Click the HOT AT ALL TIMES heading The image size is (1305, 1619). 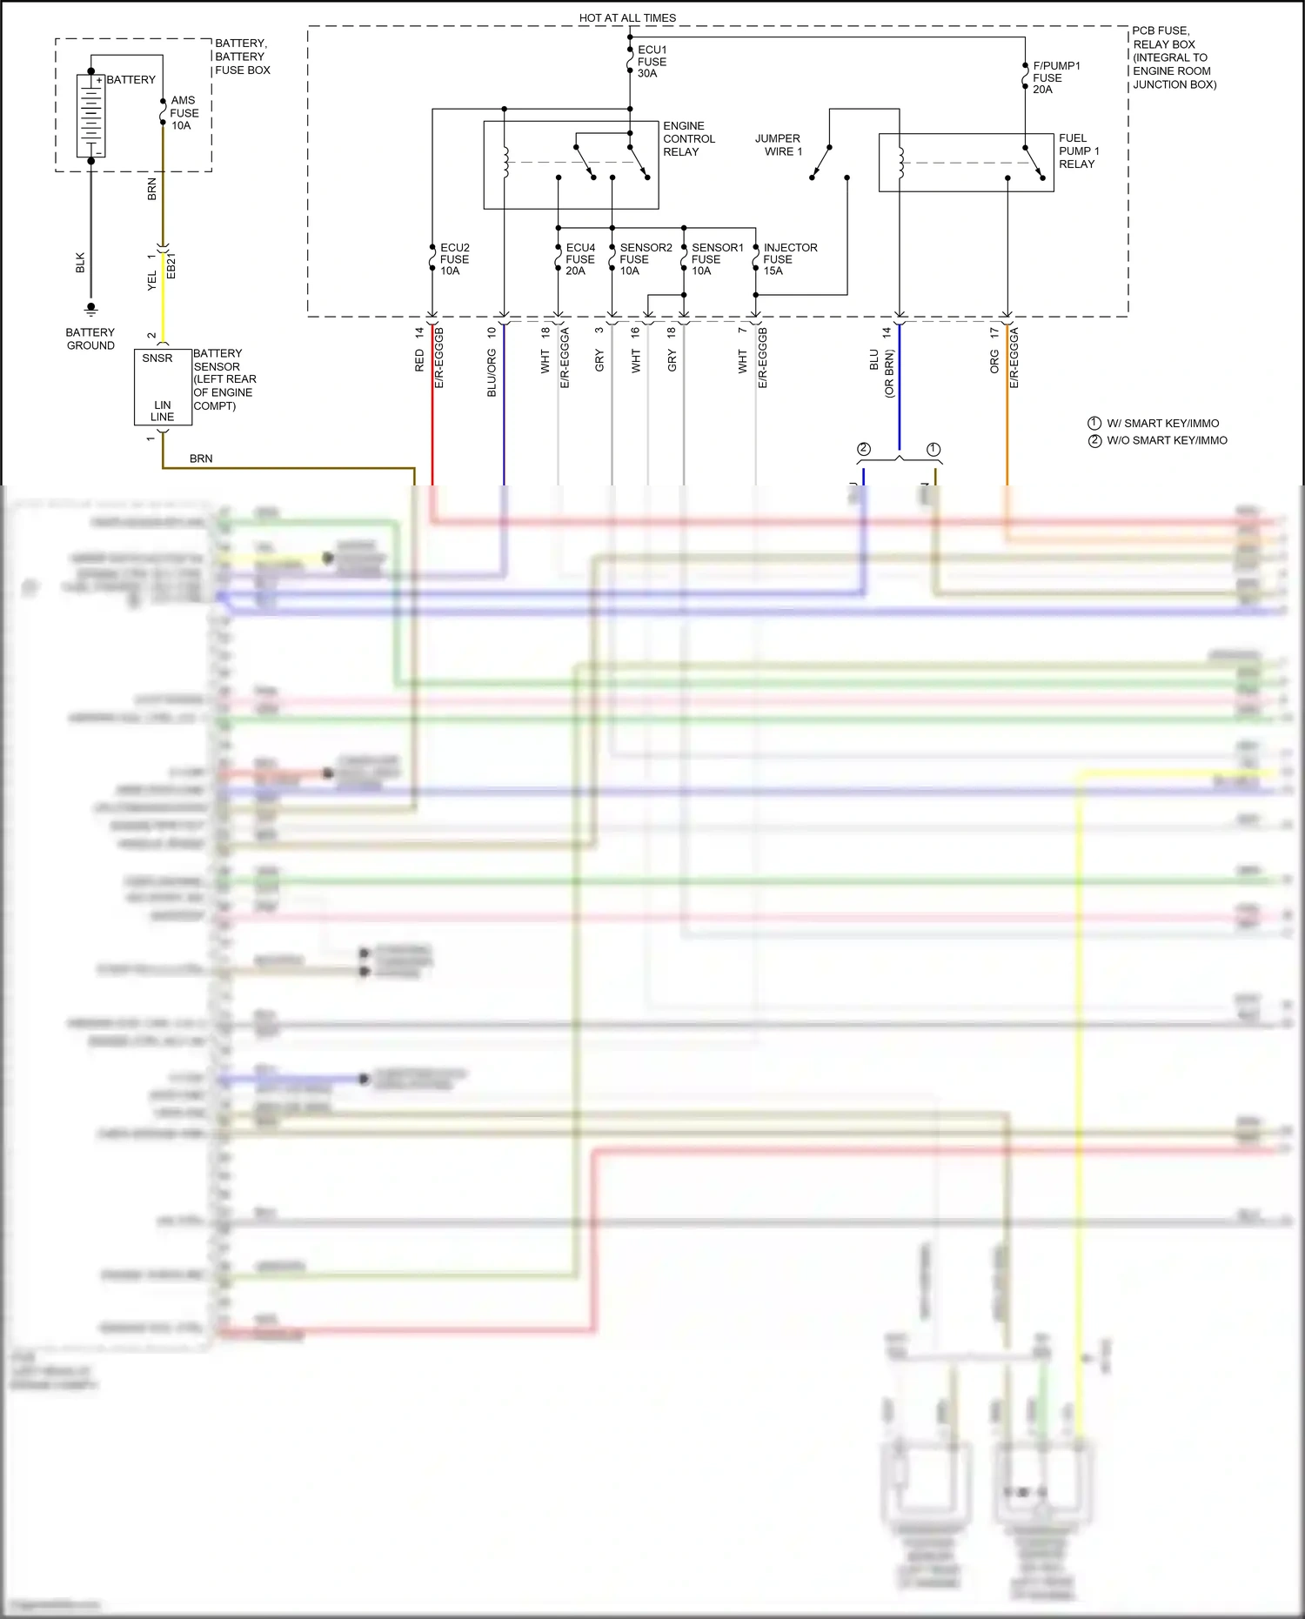click(x=627, y=17)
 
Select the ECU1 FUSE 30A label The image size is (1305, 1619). click(x=652, y=62)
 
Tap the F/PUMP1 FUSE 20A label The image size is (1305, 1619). click(x=1055, y=77)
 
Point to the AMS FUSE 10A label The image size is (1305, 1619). click(x=184, y=113)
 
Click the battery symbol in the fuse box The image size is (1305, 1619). click(x=90, y=116)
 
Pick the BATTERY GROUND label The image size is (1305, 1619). click(x=90, y=339)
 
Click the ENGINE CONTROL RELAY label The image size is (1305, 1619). click(x=688, y=139)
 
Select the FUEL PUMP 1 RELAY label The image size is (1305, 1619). click(x=1078, y=151)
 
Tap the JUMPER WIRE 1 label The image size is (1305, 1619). click(x=779, y=145)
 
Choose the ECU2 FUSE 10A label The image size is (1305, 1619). click(x=454, y=259)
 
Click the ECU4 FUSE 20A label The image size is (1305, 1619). click(x=579, y=259)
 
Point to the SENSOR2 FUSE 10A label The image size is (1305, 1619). click(x=645, y=259)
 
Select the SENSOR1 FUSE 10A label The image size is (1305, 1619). click(x=717, y=259)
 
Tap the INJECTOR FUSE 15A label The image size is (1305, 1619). click(x=789, y=259)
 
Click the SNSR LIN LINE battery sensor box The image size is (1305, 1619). click(x=163, y=387)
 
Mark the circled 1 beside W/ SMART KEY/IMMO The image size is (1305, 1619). click(x=1094, y=423)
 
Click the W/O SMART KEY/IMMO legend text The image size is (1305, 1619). click(x=1166, y=440)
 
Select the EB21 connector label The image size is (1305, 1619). click(x=171, y=265)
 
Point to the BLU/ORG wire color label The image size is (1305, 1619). click(x=492, y=373)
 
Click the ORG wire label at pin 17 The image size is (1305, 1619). click(x=994, y=362)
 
